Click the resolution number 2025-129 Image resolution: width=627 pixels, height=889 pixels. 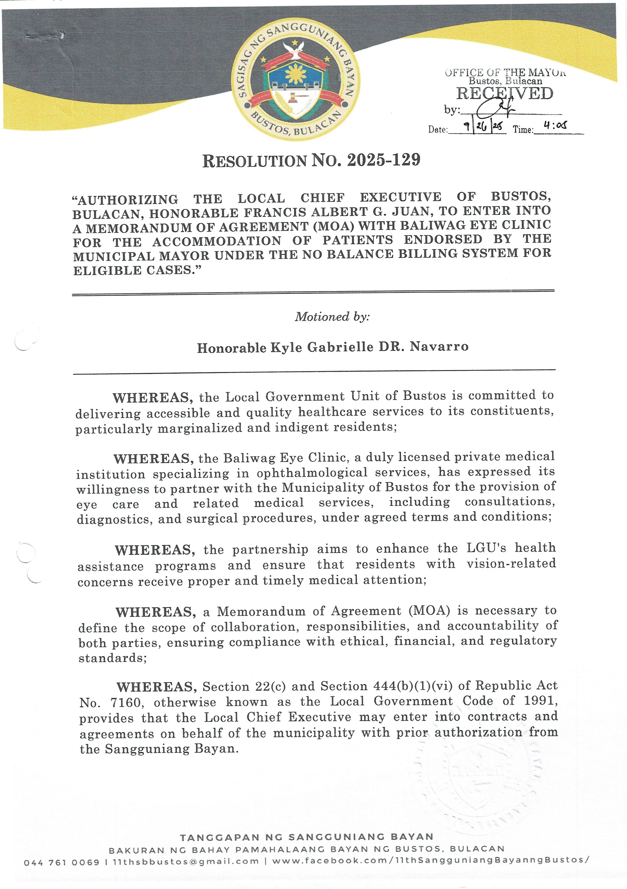point(383,160)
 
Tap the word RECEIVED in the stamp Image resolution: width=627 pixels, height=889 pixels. point(505,94)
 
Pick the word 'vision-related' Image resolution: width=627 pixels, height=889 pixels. point(511,563)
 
